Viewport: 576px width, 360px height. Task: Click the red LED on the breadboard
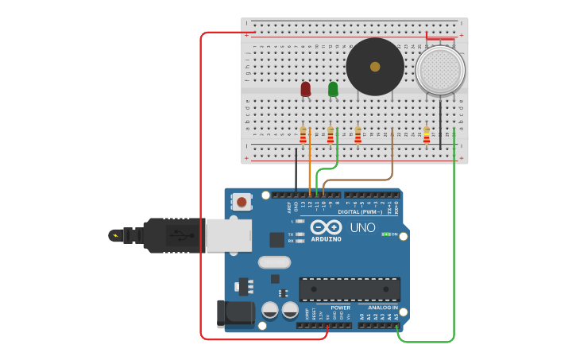pos(306,89)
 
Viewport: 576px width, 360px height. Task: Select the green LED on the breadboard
pos(333,89)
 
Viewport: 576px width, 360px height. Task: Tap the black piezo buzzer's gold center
pos(375,67)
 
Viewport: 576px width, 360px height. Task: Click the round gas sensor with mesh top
pos(440,70)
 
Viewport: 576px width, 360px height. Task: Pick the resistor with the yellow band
pos(427,135)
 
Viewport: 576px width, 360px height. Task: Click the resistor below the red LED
pos(303,135)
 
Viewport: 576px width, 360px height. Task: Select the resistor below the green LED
pos(331,135)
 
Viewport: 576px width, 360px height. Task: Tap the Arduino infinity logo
pos(326,227)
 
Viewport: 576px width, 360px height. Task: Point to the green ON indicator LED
pos(385,234)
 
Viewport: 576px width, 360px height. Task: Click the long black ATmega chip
pos(350,289)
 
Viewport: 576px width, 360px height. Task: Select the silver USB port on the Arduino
pos(229,235)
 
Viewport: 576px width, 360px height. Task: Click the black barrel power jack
pos(235,314)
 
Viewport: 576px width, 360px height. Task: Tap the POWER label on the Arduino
pos(340,308)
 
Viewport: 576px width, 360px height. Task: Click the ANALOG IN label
pos(382,308)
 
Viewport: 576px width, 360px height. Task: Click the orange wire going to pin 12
pos(310,159)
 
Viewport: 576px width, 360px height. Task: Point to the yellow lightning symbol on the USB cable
pos(117,235)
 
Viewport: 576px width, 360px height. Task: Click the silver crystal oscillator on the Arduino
pos(274,261)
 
